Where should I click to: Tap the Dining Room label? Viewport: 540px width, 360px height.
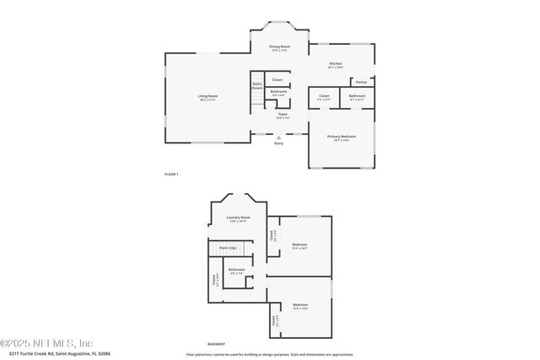click(x=279, y=46)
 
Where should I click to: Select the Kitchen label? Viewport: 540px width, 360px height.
click(x=336, y=64)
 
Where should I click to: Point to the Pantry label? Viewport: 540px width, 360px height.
click(x=361, y=82)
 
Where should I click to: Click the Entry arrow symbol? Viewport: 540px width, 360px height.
click(x=278, y=137)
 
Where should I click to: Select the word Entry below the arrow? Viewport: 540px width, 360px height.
click(x=278, y=143)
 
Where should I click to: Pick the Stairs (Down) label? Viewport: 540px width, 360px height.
click(x=256, y=85)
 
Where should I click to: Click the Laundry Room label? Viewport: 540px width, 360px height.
click(x=239, y=218)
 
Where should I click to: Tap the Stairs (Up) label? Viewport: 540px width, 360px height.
click(x=226, y=248)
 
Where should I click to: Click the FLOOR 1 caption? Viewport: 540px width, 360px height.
click(x=171, y=174)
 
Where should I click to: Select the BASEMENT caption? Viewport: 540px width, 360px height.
click(x=217, y=344)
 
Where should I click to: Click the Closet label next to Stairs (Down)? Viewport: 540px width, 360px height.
click(x=277, y=80)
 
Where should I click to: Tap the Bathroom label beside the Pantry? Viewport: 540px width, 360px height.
click(x=357, y=96)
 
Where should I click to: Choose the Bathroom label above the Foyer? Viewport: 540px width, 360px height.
click(x=278, y=91)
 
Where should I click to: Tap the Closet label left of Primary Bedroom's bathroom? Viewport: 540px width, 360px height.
click(x=324, y=96)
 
